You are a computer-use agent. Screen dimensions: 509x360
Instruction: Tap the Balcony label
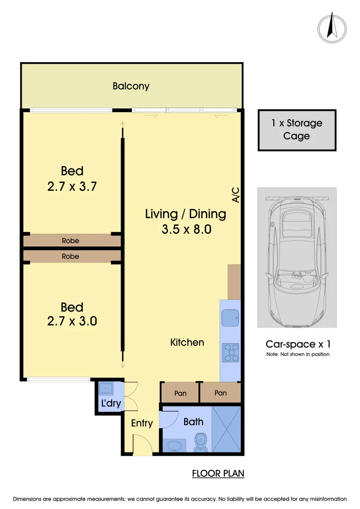(x=131, y=86)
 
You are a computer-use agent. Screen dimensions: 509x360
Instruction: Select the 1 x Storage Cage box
(x=297, y=130)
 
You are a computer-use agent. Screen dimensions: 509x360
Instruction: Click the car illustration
(x=297, y=257)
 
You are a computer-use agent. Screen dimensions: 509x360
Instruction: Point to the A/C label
(x=236, y=195)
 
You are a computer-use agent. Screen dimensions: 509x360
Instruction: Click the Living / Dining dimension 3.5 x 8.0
(x=185, y=230)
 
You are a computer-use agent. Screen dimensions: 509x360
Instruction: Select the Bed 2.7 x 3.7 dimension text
(x=72, y=186)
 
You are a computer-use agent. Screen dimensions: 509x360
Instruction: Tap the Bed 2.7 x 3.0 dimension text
(x=72, y=321)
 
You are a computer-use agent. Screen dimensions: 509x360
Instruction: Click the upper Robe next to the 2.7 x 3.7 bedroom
(x=71, y=241)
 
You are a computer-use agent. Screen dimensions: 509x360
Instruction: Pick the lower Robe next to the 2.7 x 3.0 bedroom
(x=71, y=256)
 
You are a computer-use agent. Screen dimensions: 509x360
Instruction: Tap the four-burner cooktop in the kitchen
(x=230, y=353)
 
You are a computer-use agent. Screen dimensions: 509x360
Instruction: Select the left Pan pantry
(x=180, y=393)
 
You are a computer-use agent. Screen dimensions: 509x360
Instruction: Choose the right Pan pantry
(x=220, y=393)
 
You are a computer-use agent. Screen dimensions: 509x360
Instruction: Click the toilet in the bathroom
(x=201, y=442)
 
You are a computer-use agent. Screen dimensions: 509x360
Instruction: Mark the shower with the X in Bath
(x=226, y=428)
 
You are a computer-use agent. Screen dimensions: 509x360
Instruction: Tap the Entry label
(x=142, y=423)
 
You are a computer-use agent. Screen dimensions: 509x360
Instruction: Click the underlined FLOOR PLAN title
(x=218, y=473)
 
